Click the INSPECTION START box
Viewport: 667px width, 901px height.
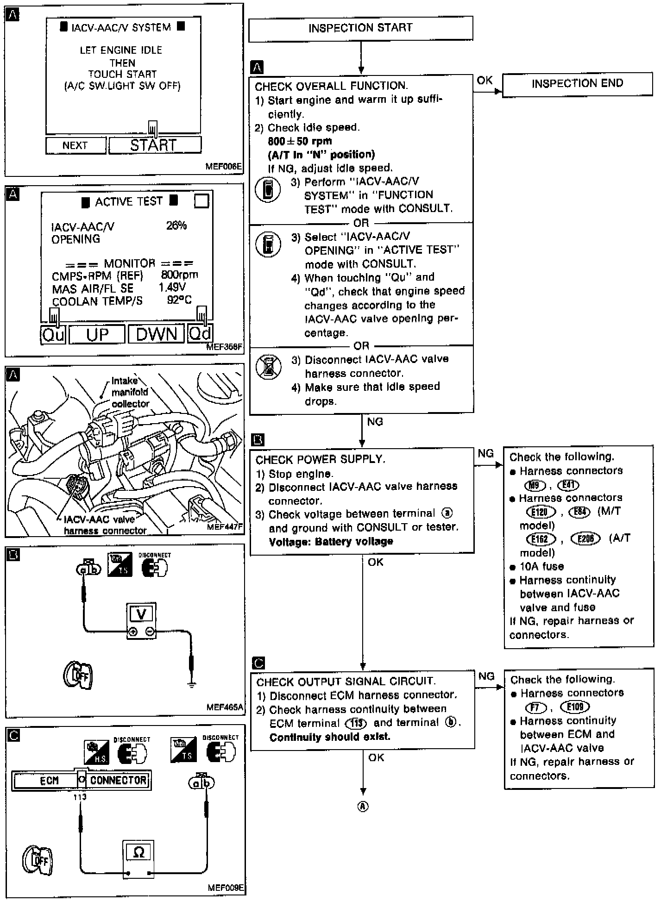point(360,28)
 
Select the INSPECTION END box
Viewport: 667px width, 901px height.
point(577,84)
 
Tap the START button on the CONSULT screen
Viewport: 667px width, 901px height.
point(155,145)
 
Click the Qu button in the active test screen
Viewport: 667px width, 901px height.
point(53,334)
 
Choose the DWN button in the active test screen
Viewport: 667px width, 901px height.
point(157,334)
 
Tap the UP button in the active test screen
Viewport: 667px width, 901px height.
point(97,334)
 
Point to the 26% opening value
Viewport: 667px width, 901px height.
point(176,225)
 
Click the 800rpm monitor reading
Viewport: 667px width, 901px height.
point(179,275)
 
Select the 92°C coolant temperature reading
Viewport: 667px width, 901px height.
point(179,300)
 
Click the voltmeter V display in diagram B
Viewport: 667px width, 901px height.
point(141,614)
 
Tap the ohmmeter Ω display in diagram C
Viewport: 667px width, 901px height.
point(138,852)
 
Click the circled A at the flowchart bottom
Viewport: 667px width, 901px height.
point(363,807)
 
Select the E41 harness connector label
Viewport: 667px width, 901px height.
point(569,485)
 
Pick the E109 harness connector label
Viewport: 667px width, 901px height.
point(575,707)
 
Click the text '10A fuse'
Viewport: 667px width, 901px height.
point(541,566)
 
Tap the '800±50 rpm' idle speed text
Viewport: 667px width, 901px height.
point(300,141)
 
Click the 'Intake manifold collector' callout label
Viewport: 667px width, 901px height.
point(130,392)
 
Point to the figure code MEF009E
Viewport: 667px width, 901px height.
point(225,888)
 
